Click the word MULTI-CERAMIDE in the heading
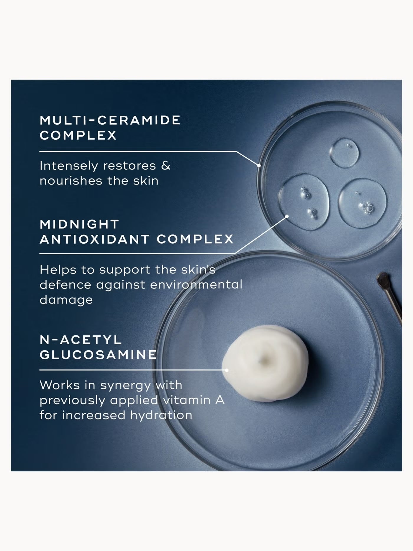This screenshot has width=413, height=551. click(110, 120)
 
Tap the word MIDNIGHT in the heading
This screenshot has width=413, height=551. click(79, 224)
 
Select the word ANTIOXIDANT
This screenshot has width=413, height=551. click(94, 239)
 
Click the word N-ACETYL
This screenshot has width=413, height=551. click(81, 340)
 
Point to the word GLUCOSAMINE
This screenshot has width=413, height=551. click(98, 355)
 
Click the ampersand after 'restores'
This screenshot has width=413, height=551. click(166, 165)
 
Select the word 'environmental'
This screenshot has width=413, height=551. click(196, 285)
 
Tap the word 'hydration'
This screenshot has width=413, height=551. click(161, 415)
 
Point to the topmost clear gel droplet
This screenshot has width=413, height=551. click(344, 153)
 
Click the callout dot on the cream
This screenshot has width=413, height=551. click(227, 370)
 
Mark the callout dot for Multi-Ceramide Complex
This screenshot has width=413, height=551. click(259, 166)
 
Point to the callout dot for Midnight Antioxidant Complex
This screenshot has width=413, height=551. click(287, 216)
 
